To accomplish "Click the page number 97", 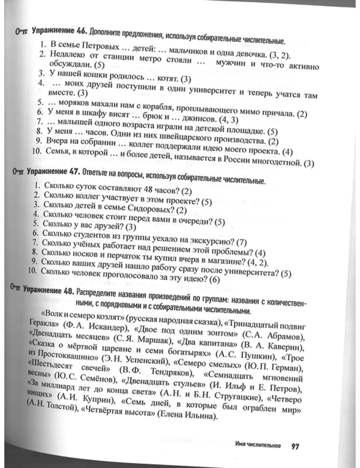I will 295,447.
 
